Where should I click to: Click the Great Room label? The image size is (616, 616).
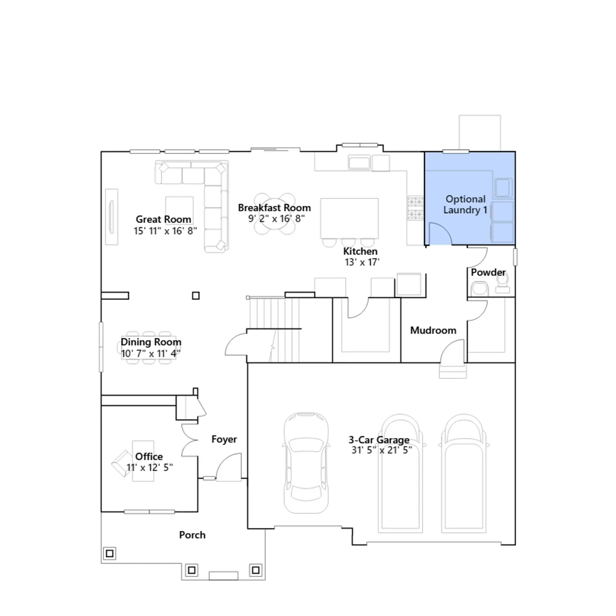pos(163,219)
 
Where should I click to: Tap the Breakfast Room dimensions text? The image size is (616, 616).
pos(276,219)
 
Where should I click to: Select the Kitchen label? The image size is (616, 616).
pos(360,251)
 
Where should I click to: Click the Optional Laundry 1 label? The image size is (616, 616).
pos(465,204)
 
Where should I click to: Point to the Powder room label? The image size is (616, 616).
pos(488,273)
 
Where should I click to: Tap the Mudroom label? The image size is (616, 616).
pos(433,330)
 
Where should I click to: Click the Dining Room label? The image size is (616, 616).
pos(151,342)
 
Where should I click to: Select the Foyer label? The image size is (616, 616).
pos(224,439)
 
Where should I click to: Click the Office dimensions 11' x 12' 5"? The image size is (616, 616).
pos(150,467)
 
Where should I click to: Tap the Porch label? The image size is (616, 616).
pos(192,535)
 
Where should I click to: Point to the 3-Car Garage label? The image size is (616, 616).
pos(379,440)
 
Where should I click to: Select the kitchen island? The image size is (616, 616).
pos(349,218)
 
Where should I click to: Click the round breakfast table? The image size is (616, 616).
pos(275,214)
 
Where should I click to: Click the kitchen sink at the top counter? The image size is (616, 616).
pos(359,162)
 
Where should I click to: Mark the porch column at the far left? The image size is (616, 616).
pos(110,554)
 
